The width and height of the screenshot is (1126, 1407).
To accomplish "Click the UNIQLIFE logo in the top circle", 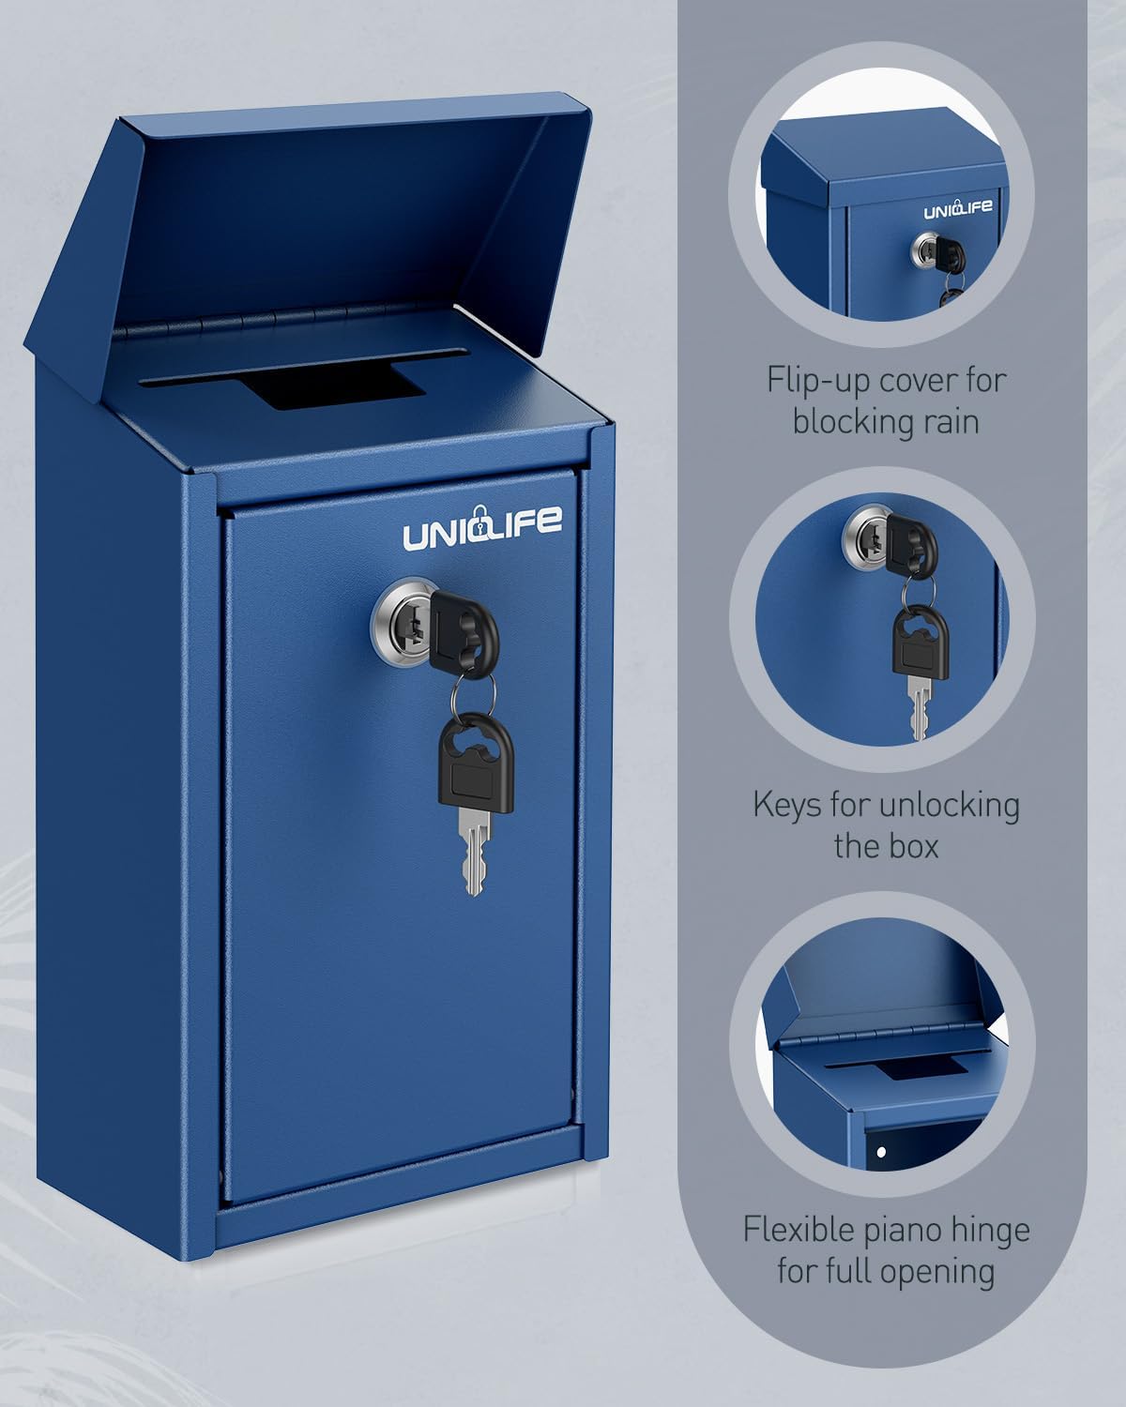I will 957,208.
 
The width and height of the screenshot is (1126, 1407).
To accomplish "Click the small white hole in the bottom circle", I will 881,1150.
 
